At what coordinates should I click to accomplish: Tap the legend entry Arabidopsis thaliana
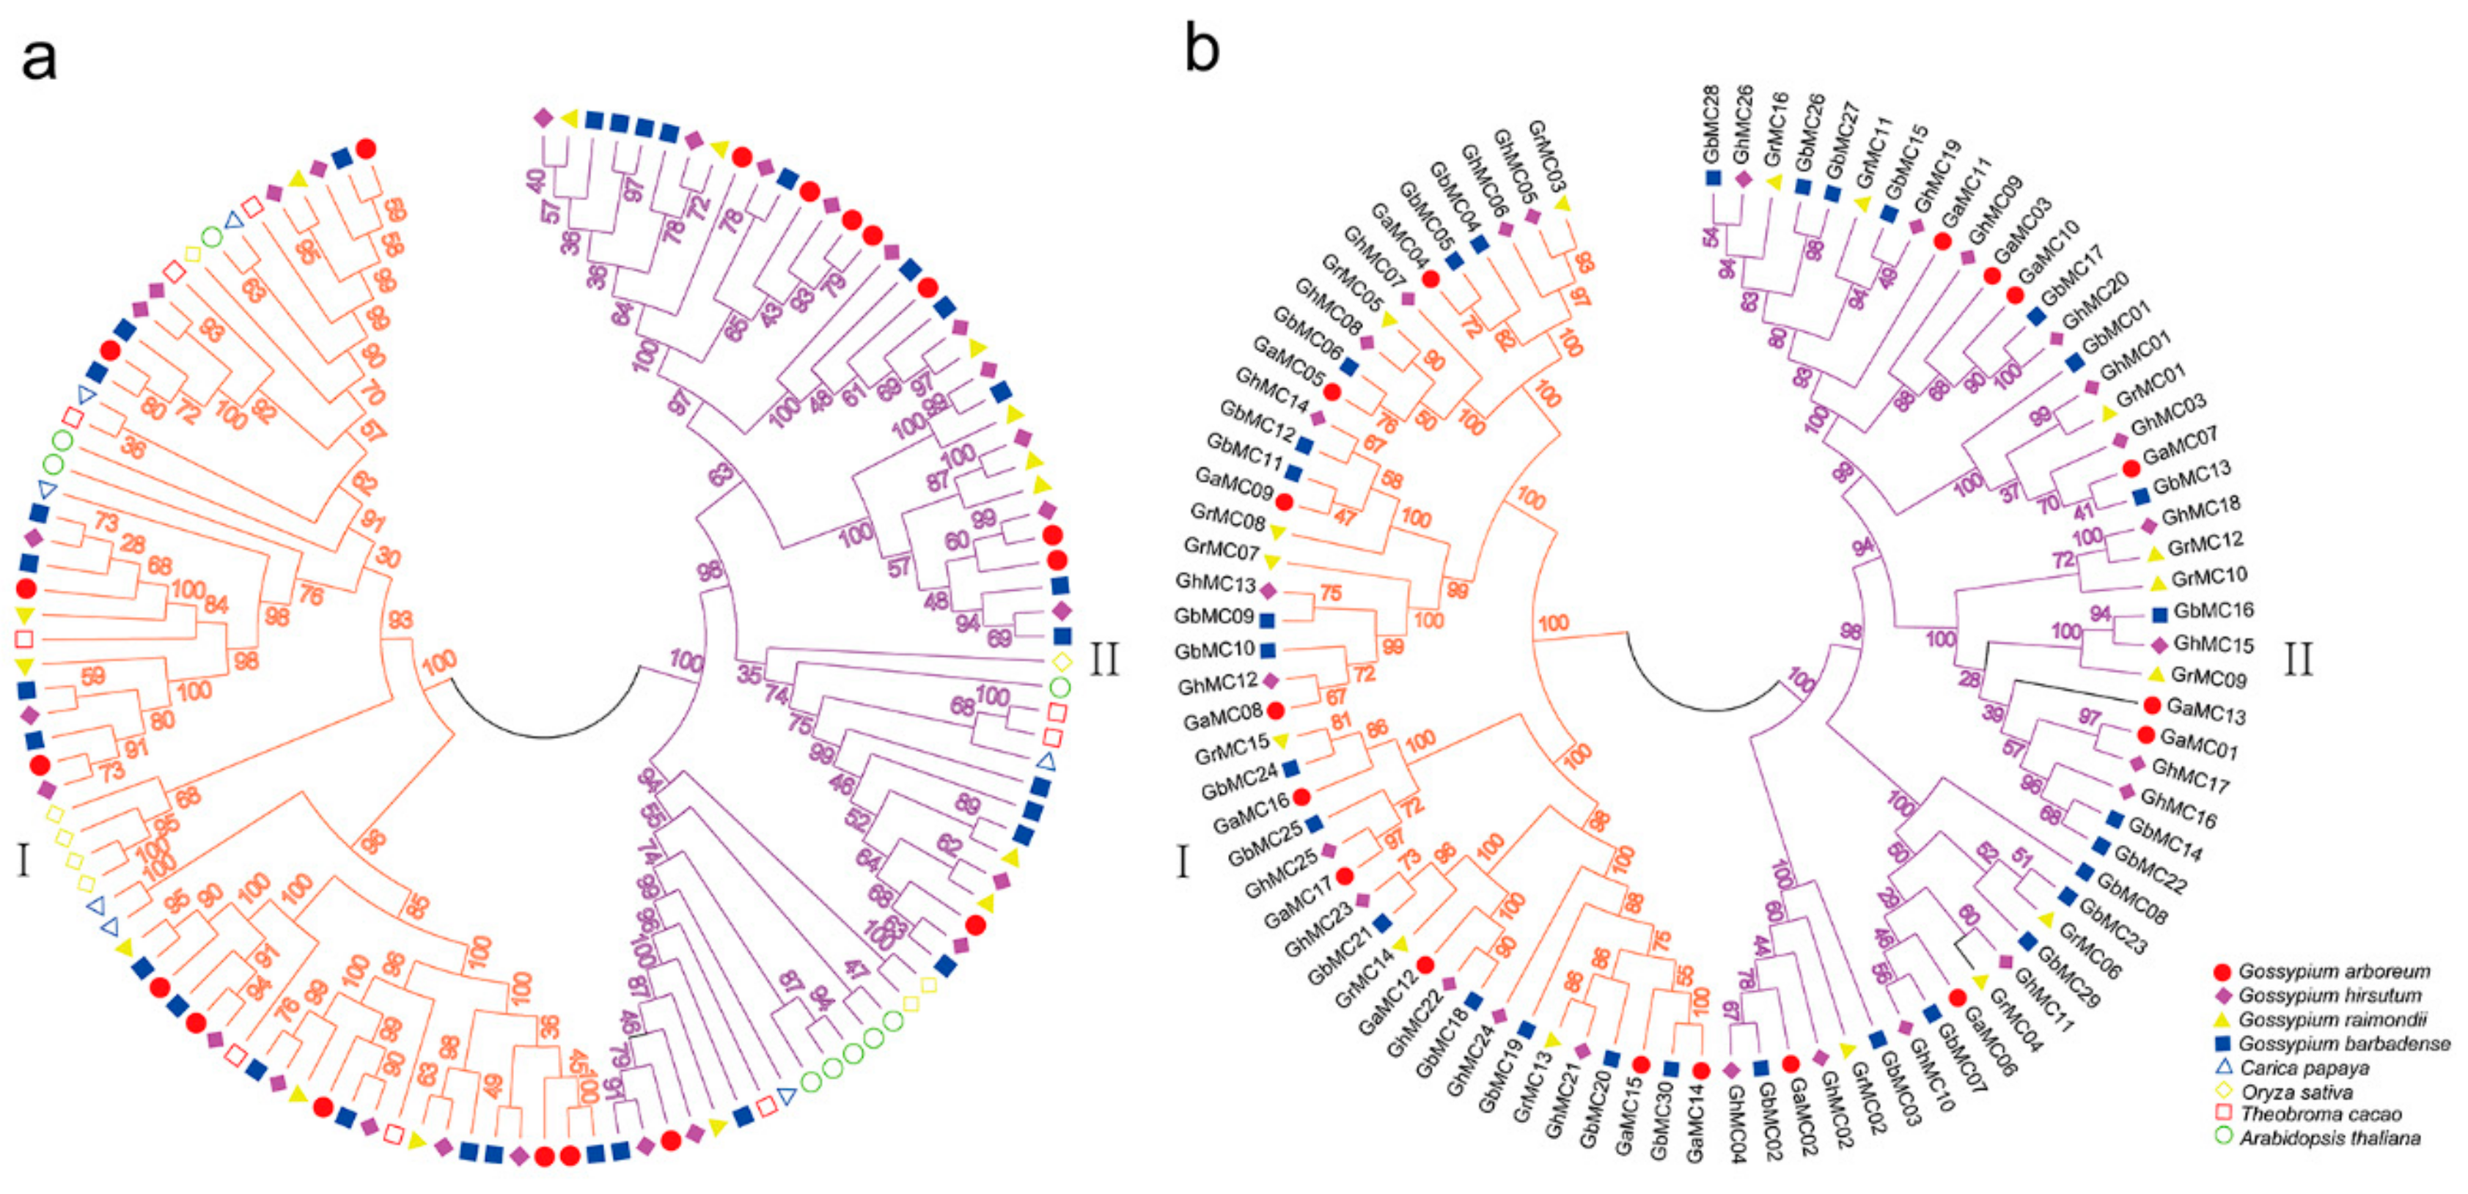point(2328,1138)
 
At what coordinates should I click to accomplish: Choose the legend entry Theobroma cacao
point(2319,1115)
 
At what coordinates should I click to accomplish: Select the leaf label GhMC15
point(2213,644)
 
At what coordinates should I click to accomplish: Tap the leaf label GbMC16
point(2213,611)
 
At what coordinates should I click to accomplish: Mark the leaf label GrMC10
point(2209,578)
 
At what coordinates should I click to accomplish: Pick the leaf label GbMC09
point(1214,616)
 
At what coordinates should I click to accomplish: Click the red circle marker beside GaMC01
point(2146,735)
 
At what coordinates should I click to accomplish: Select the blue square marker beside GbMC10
point(1268,651)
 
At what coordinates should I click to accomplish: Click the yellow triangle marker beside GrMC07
point(1272,561)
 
